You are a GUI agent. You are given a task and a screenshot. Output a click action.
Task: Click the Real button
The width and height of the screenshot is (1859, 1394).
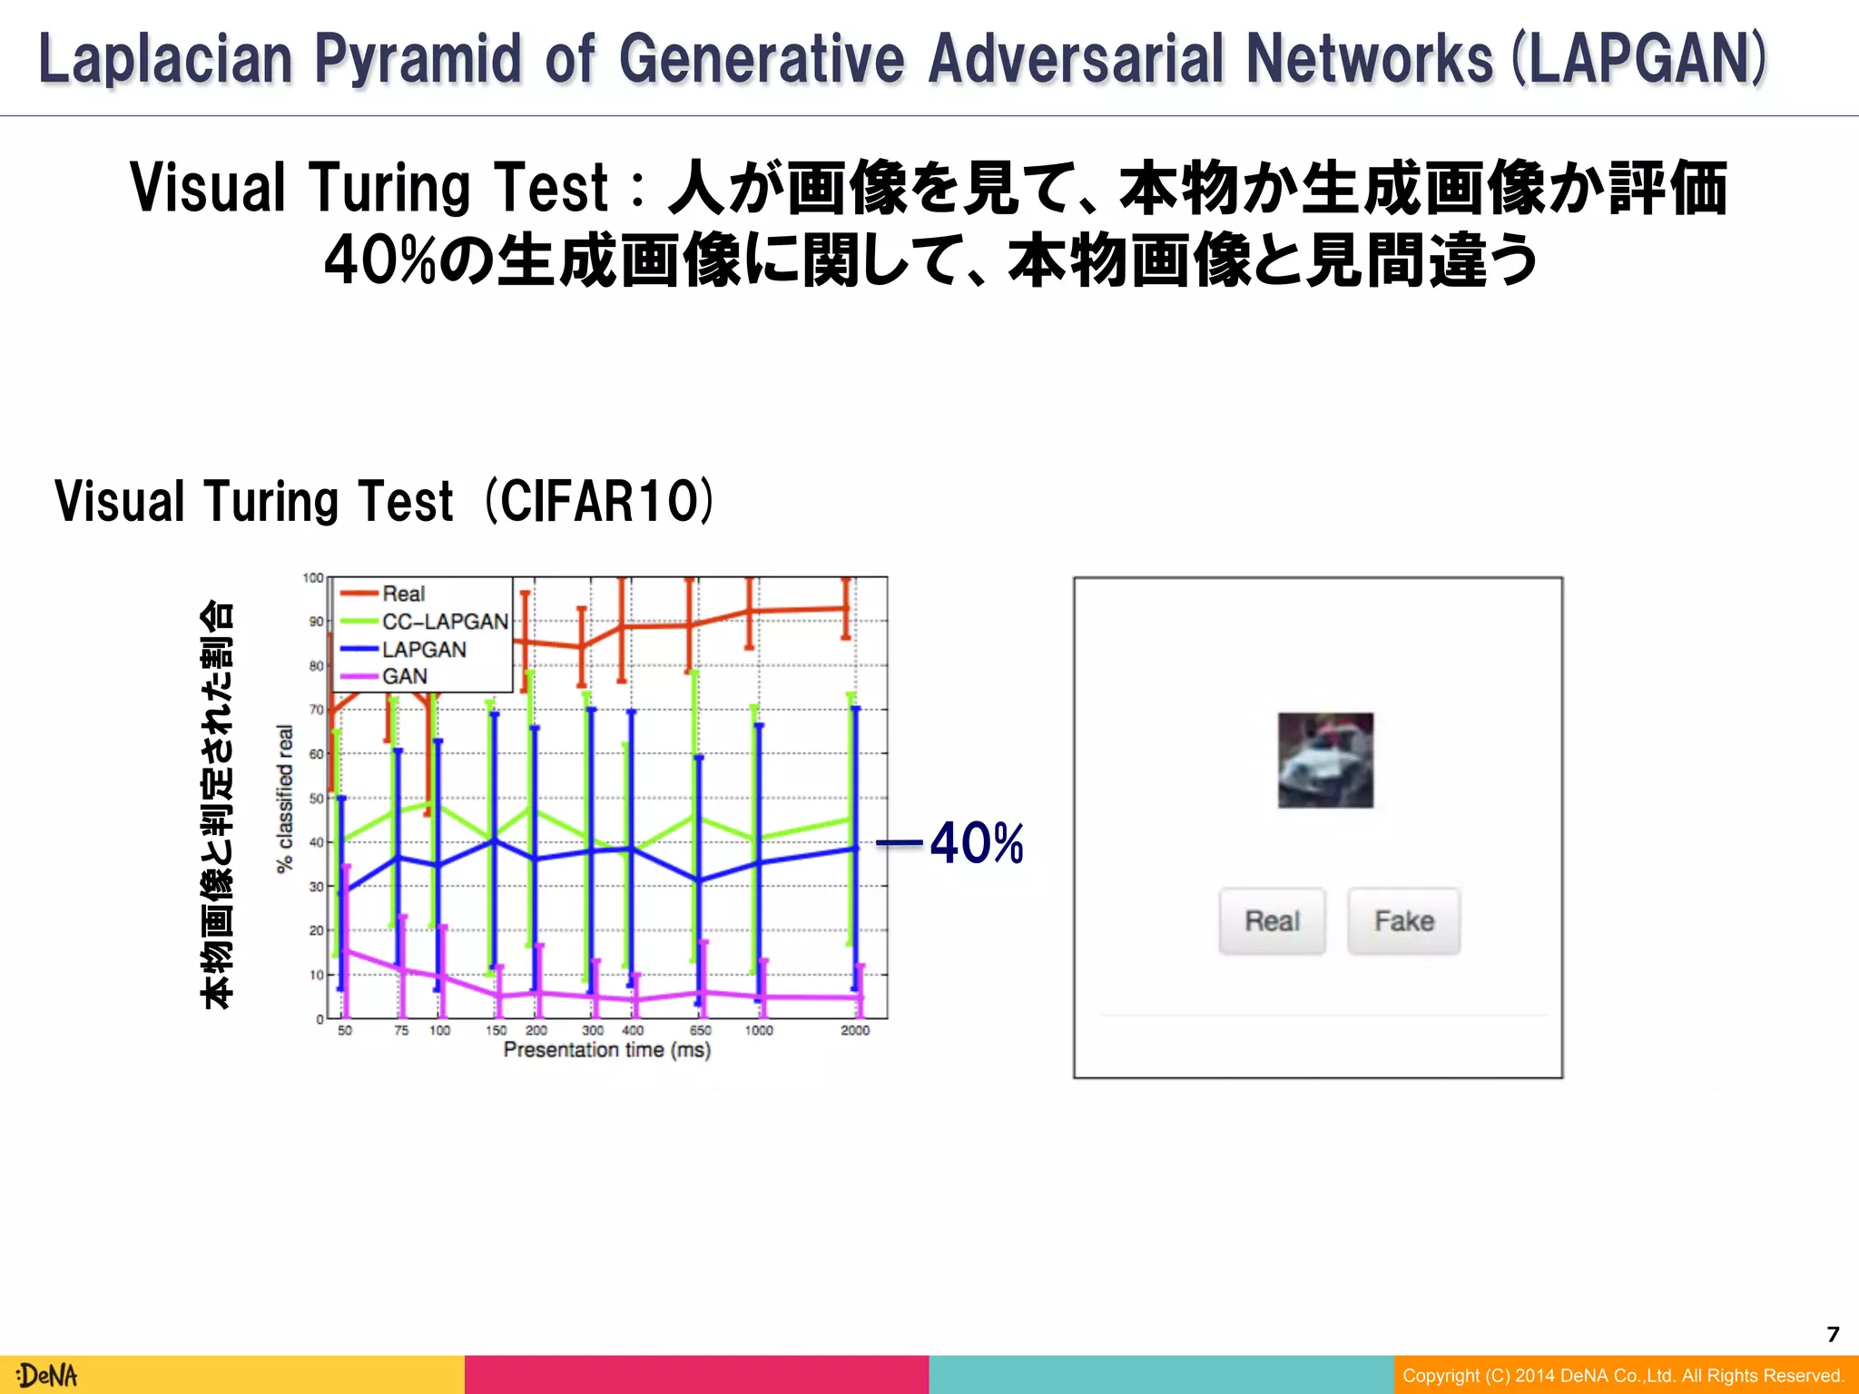[x=1272, y=921]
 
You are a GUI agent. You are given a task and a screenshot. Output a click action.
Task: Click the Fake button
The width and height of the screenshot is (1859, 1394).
[x=1403, y=921]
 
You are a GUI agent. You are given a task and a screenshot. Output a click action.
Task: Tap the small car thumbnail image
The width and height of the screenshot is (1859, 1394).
[x=1325, y=761]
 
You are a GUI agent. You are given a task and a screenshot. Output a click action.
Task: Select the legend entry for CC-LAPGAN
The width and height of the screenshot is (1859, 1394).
[x=444, y=622]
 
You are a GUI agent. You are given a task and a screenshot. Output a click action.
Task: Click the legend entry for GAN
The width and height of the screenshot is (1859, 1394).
[x=404, y=677]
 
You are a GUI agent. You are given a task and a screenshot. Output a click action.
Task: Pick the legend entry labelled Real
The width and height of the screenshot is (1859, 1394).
[x=403, y=594]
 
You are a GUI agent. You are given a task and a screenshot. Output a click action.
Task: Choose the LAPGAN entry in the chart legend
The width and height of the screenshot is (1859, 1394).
[x=424, y=650]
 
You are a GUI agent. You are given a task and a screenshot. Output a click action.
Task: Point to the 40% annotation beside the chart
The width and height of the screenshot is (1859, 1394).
[x=976, y=843]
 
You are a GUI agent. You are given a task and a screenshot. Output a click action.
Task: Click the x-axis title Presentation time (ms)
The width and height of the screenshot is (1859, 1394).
[x=606, y=1050]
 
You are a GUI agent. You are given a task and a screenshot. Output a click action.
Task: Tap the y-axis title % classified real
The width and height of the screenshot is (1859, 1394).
[x=285, y=799]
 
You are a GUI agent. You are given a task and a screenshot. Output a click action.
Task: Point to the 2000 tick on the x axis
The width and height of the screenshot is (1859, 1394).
[x=854, y=1031]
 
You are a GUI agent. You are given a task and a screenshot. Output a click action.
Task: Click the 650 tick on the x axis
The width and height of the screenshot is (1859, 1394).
[x=700, y=1031]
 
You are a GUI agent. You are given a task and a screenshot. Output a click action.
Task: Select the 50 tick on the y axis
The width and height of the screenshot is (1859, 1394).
[x=316, y=799]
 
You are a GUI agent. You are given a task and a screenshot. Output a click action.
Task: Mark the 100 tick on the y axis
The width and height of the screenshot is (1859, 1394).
[x=312, y=578]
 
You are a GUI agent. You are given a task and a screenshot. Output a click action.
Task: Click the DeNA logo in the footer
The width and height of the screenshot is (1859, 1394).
[x=47, y=1376]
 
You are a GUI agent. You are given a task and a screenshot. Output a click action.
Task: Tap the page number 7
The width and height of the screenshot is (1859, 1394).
[x=1833, y=1334]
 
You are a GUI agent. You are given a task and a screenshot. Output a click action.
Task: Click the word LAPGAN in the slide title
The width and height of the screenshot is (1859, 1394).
[x=1639, y=59]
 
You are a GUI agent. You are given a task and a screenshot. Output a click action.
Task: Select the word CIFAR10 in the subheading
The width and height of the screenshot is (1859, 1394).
[x=600, y=501]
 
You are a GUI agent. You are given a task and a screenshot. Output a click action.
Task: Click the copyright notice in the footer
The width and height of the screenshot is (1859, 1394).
[x=1623, y=1376]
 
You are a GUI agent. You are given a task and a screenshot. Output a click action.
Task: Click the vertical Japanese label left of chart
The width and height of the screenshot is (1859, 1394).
[x=217, y=803]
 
